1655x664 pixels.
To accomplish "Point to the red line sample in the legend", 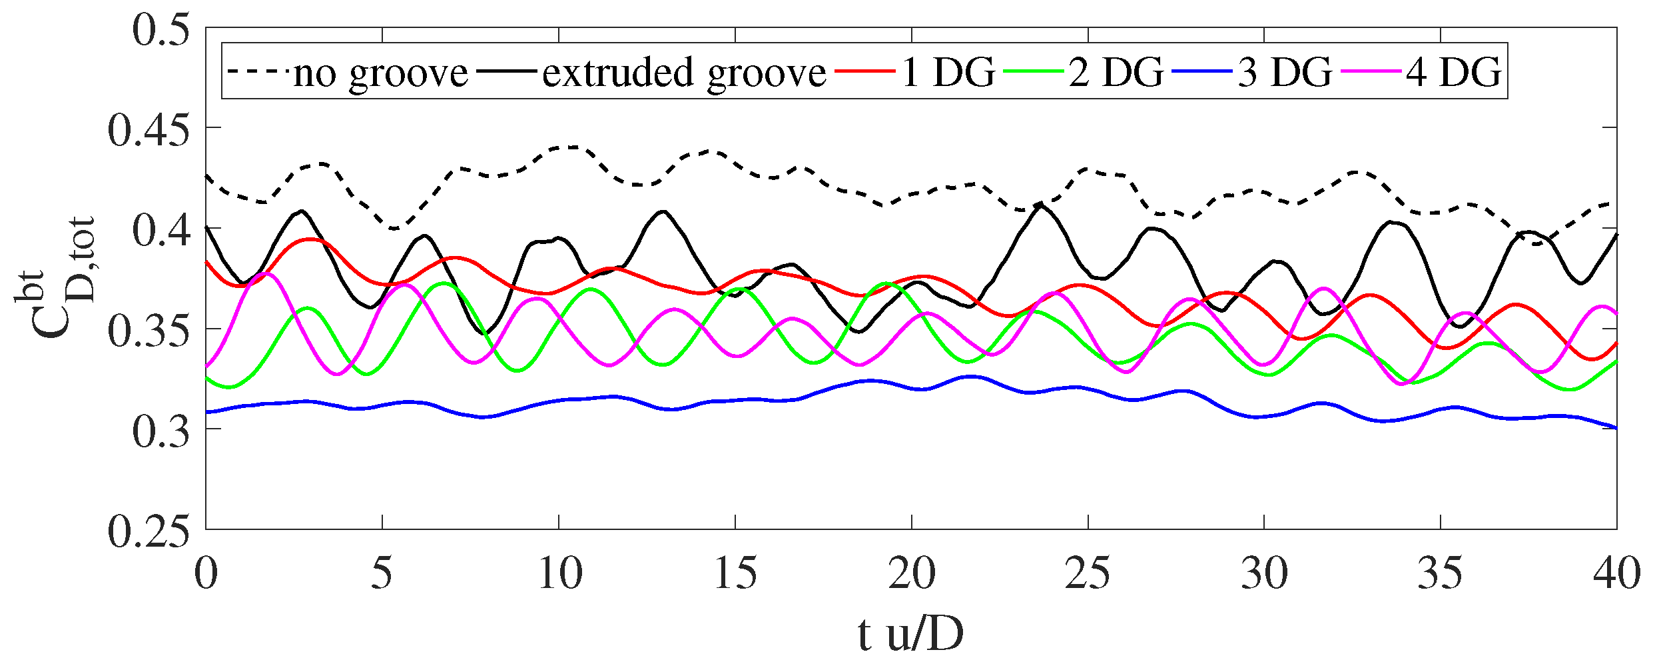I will pos(864,71).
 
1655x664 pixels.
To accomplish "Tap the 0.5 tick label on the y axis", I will pos(161,29).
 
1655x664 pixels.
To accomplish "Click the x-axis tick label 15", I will pos(735,573).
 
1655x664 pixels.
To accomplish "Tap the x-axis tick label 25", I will pos(1088,573).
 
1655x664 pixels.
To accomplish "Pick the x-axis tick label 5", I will pos(382,573).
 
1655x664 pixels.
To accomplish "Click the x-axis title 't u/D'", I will pos(910,635).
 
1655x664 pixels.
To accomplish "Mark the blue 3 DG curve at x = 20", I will pos(912,388).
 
